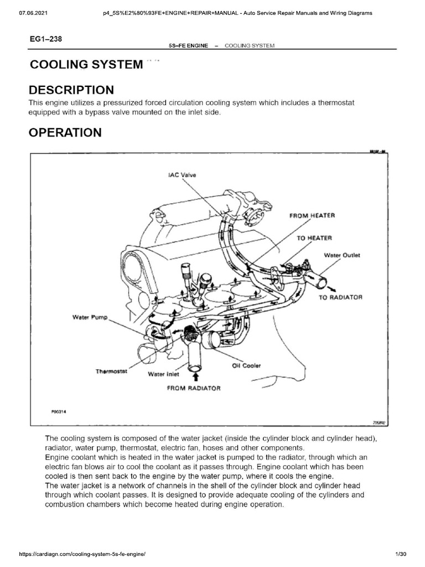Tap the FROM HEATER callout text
pyautogui.click(x=312, y=215)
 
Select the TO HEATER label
pyautogui.click(x=314, y=238)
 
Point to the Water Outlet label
pyautogui.click(x=341, y=255)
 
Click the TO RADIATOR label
pyautogui.click(x=340, y=297)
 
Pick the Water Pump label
pyautogui.click(x=90, y=317)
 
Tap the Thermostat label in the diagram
pyautogui.click(x=112, y=371)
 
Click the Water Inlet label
pyautogui.click(x=163, y=374)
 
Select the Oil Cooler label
pyautogui.click(x=246, y=366)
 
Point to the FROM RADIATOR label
pyautogui.click(x=194, y=388)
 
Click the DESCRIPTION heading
pyautogui.click(x=71, y=90)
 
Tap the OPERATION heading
pyautogui.click(x=65, y=133)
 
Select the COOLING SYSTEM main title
pyautogui.click(x=86, y=64)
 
